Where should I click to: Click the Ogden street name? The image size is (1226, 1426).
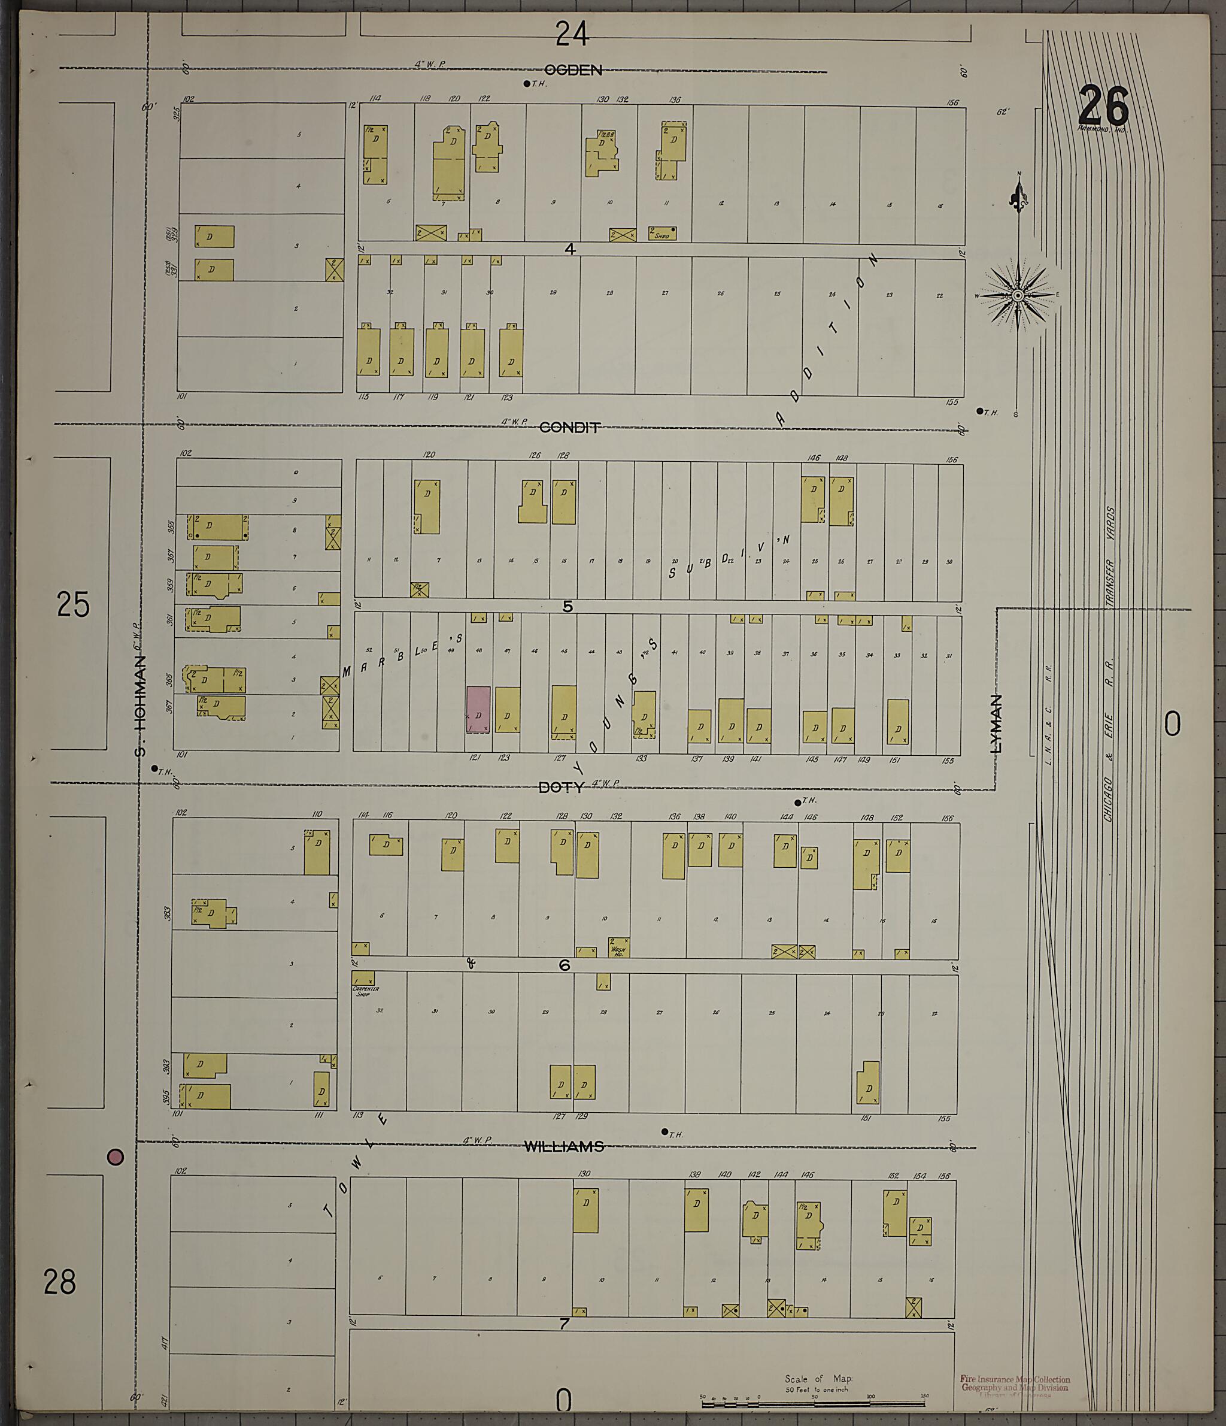(573, 70)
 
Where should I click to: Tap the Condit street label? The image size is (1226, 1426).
(570, 428)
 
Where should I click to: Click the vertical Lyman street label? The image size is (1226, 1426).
(996, 723)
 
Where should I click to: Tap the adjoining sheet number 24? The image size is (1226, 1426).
(572, 34)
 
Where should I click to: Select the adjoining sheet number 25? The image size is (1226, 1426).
(73, 605)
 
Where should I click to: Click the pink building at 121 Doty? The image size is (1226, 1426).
(478, 710)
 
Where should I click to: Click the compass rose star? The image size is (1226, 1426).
(1018, 295)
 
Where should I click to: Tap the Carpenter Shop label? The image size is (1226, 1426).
(365, 991)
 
